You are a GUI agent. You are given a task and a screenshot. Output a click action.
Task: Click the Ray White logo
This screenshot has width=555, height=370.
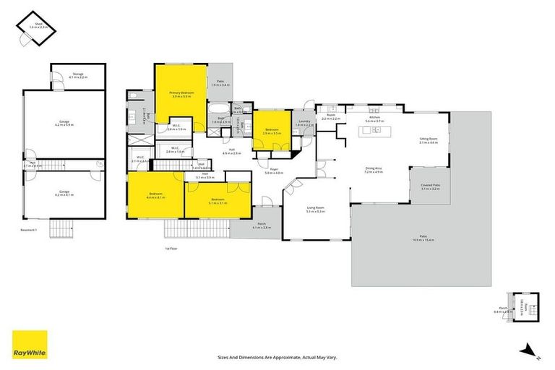coord(30,344)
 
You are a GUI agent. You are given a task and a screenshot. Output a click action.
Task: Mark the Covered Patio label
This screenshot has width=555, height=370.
coord(431,186)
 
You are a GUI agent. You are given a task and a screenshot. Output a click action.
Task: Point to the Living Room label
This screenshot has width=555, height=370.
coord(316,210)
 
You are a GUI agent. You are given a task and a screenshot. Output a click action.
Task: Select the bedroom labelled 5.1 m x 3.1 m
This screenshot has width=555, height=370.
coord(218,200)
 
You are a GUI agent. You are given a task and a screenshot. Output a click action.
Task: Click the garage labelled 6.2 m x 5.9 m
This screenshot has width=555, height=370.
coord(66,124)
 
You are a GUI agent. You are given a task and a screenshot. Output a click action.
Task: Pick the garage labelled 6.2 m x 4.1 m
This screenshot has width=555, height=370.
coord(66,193)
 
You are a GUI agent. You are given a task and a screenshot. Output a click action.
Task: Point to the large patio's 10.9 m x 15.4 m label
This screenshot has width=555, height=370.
coord(423,237)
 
